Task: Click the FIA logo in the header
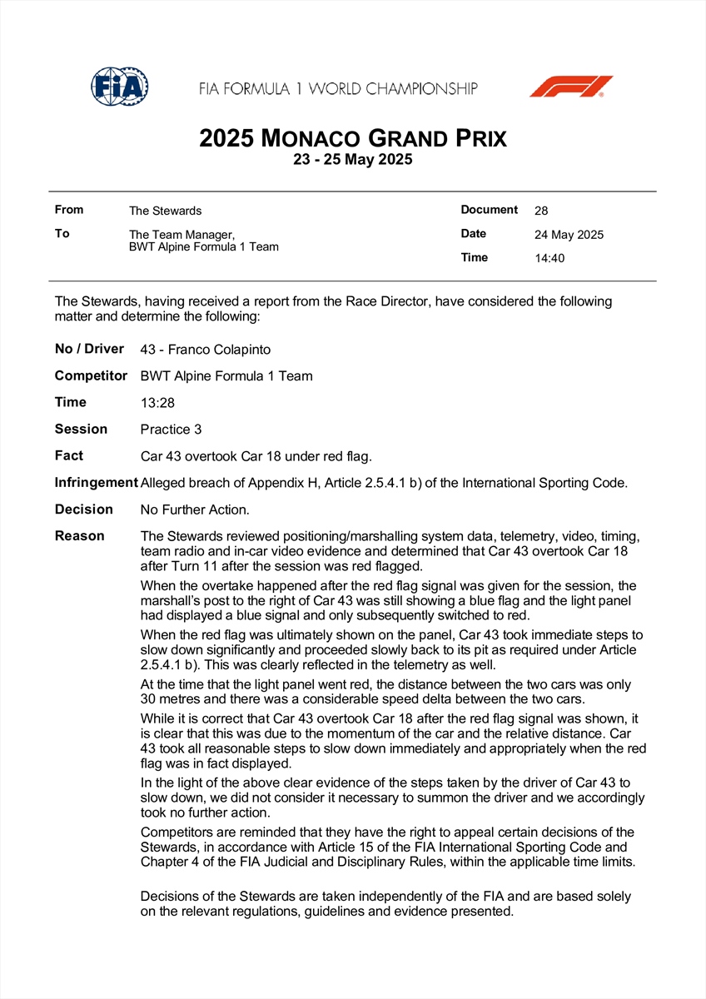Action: coord(120,86)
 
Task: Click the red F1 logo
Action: coord(571,87)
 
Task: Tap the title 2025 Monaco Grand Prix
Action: coord(353,138)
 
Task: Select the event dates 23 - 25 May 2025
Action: coord(353,160)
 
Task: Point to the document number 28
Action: coord(541,211)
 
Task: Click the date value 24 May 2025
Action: coord(569,235)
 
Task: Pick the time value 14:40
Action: coord(549,258)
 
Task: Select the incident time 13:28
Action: coord(157,403)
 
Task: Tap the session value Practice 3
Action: coord(172,430)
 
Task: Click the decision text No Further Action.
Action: coord(195,509)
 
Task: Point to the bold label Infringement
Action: coord(96,483)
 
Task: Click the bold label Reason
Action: coord(80,536)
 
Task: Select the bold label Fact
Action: coord(69,456)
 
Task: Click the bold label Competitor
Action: coord(91,376)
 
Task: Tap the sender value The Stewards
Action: coord(165,211)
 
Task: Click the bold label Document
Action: coord(490,210)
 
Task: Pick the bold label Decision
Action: coord(84,509)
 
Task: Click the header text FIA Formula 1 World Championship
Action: coord(338,88)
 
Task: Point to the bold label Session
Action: coord(81,430)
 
